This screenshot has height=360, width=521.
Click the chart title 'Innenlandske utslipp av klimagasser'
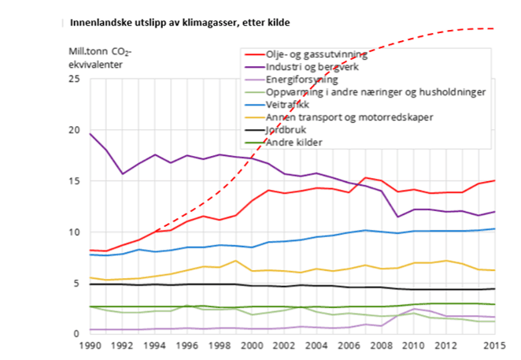(179, 23)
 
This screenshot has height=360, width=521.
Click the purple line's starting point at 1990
(91, 134)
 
